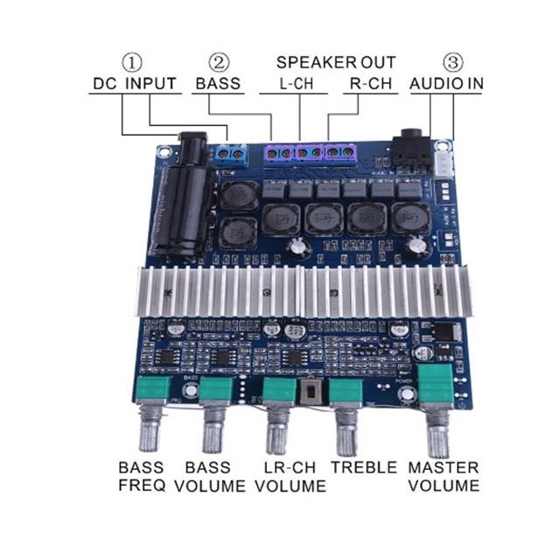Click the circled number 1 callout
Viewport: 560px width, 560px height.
tap(131, 63)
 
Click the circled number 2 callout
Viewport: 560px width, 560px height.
tap(219, 63)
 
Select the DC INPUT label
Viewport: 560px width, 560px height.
tap(135, 85)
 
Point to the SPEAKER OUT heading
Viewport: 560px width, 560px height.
tap(336, 63)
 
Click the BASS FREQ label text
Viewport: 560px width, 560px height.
tap(141, 476)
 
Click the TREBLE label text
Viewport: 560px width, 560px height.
tap(363, 467)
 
